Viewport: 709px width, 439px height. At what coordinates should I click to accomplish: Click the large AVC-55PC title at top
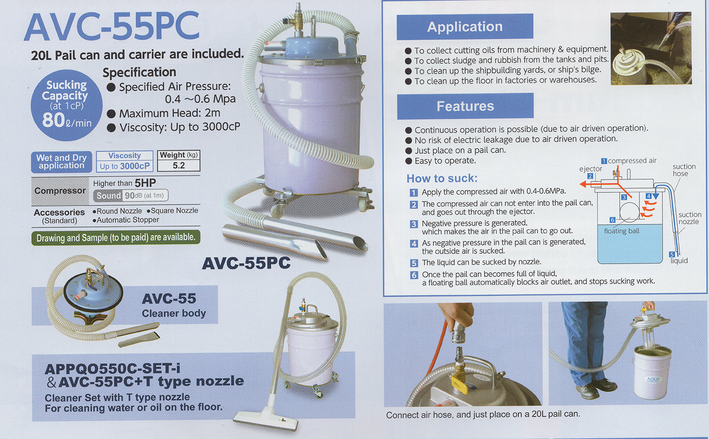coord(112,27)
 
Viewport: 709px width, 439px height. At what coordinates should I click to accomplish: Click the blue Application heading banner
coord(465,26)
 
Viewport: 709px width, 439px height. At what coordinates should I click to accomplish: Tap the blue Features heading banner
coord(465,106)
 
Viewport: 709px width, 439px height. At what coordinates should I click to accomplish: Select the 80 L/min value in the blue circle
coord(67,121)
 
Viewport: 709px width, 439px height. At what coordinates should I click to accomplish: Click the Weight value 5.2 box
coord(179,165)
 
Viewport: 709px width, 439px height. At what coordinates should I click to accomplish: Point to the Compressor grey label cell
coord(60,191)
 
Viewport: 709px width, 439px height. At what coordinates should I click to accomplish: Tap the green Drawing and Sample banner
coord(116,237)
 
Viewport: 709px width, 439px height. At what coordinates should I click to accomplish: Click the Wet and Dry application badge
coord(61,162)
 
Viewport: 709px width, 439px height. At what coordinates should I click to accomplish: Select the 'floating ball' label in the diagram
coord(621,231)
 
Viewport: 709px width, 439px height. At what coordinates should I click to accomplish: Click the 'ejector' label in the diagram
coord(590,169)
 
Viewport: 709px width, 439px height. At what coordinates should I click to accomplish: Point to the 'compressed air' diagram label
coord(632,161)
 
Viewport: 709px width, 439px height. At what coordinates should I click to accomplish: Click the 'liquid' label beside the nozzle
coord(679,261)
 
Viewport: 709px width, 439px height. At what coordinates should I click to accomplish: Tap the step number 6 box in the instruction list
coord(414,275)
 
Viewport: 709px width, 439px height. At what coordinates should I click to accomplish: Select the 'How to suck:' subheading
coord(442,179)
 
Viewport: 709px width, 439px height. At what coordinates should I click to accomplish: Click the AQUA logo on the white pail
coord(654,379)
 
